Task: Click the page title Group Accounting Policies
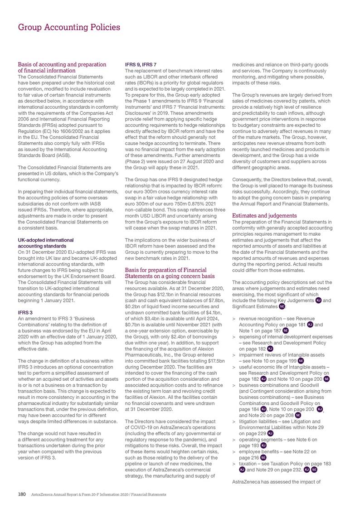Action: tap(69, 27)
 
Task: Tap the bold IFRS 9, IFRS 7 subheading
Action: tap(141, 64)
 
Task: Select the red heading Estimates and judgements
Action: tap(264, 215)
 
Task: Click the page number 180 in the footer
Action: tap(21, 494)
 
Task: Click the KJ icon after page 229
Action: tap(270, 433)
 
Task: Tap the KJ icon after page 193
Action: tap(263, 445)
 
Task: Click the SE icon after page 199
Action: tap(301, 360)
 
